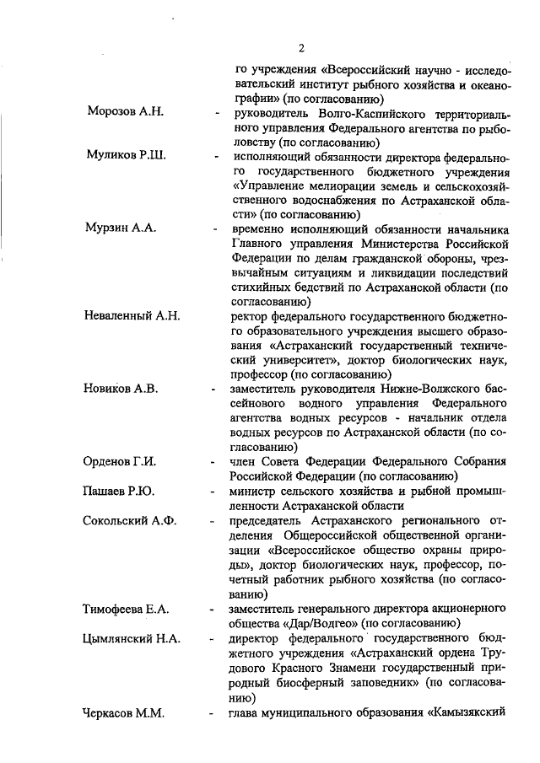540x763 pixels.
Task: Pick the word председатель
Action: [x=270, y=520]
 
